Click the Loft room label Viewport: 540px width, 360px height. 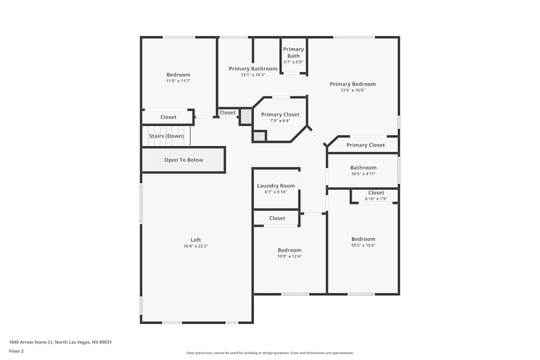(195, 240)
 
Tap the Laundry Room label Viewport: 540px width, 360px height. (275, 186)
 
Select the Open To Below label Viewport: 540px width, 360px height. (184, 160)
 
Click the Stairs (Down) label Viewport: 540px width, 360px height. (166, 136)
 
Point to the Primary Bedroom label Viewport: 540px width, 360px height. (353, 84)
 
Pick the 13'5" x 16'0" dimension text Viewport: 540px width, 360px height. (353, 91)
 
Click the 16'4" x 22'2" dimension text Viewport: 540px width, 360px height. (195, 246)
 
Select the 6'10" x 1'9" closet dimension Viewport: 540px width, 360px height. (376, 199)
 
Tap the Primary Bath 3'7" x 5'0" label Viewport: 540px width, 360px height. (293, 55)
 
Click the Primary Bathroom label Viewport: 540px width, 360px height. (253, 69)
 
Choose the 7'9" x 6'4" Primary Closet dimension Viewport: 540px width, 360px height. (280, 120)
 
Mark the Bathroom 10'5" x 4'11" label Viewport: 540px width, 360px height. (363, 171)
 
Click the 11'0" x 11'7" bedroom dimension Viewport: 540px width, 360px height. (178, 81)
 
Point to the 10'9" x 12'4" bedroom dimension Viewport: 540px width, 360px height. (289, 256)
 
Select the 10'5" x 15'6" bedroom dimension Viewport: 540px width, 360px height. (363, 246)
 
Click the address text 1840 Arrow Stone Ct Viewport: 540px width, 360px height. (60, 342)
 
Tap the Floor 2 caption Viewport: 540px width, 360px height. (16, 351)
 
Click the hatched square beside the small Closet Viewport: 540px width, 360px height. (246, 117)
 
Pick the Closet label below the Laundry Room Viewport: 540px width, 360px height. (277, 218)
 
